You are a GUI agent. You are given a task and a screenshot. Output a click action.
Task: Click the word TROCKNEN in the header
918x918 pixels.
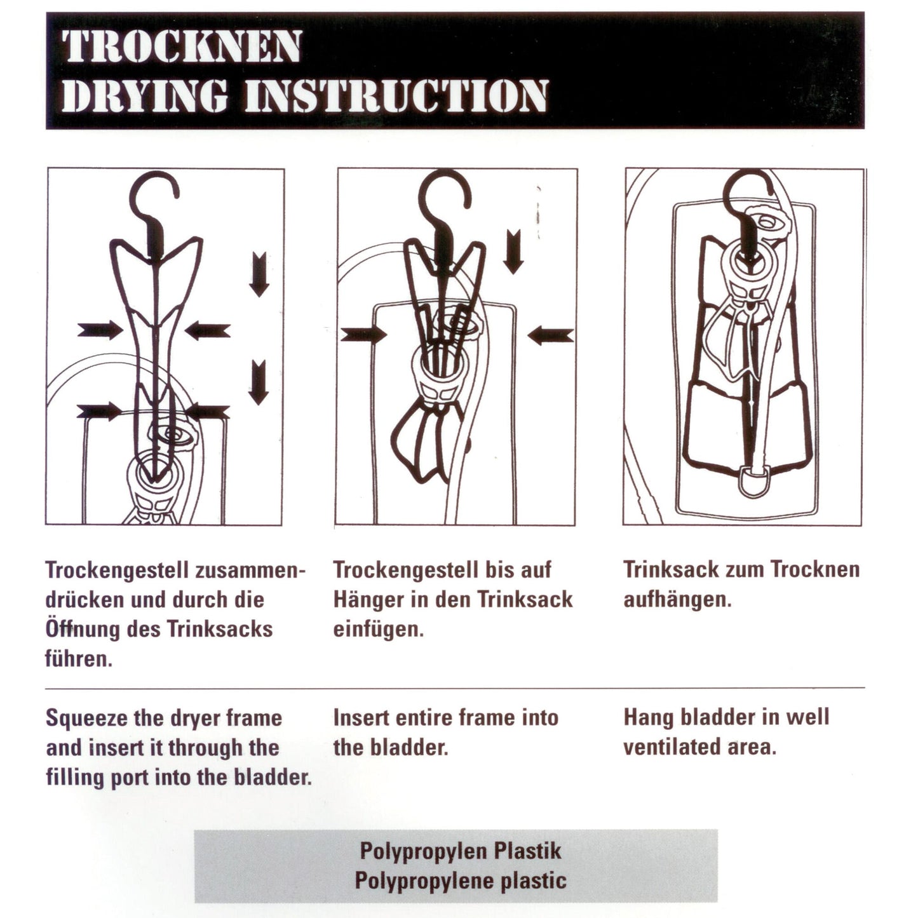(182, 46)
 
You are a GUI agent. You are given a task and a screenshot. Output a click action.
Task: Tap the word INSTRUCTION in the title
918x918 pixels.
(396, 96)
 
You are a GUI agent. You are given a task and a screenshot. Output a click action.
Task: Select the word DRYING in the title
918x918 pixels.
(145, 96)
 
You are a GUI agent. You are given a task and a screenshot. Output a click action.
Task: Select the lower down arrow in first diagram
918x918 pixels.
(259, 382)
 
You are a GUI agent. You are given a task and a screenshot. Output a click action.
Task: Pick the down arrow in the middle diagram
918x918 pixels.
(513, 252)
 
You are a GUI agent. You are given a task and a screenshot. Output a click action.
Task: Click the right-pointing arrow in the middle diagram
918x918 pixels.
(363, 335)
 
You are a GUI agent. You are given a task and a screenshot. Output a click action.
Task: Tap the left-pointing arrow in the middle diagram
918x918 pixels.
(551, 335)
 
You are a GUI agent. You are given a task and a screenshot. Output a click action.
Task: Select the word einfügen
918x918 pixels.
(378, 630)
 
